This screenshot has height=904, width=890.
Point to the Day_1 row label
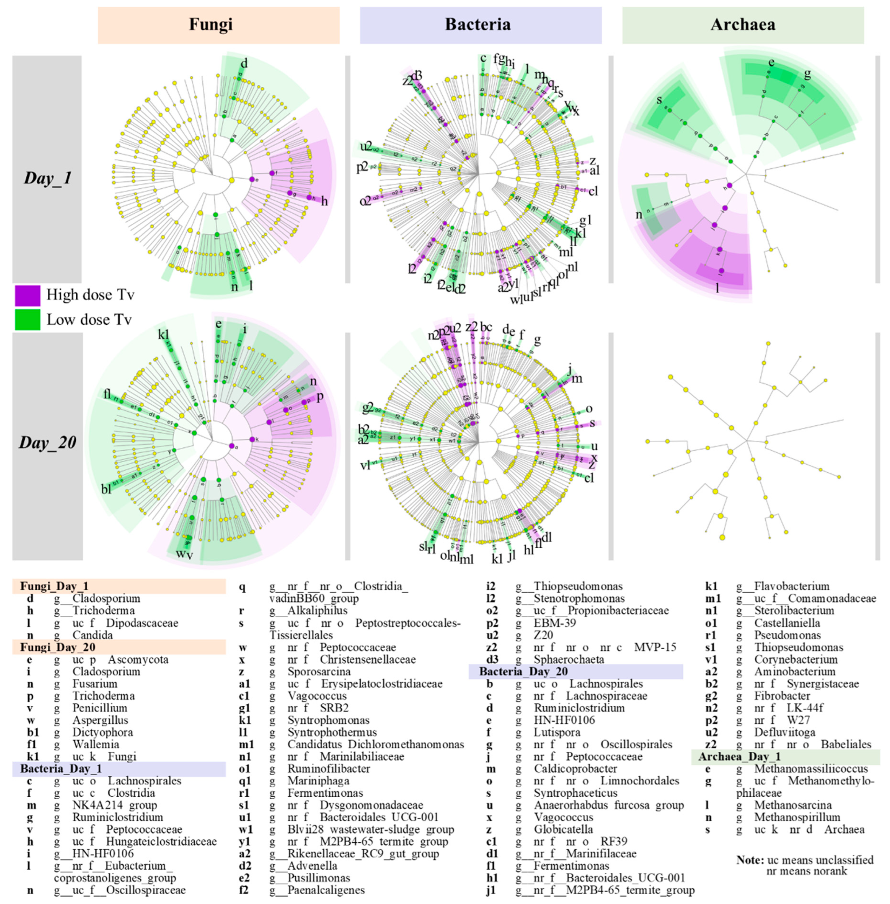(x=47, y=178)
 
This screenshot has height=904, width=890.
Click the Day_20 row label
(x=47, y=442)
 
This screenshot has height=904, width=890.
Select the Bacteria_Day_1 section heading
(x=61, y=768)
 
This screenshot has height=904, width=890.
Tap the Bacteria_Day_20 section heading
(x=523, y=671)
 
